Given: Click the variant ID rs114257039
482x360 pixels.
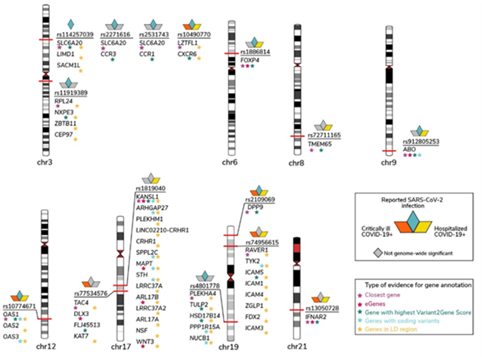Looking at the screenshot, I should tap(75, 34).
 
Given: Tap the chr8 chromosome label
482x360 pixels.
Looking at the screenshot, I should tap(297, 163).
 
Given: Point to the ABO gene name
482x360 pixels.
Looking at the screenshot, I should tap(410, 149).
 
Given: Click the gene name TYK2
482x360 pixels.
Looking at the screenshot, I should tap(253, 260).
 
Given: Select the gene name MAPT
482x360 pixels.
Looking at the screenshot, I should tap(144, 263).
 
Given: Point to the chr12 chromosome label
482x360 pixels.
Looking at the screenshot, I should tap(45, 347).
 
